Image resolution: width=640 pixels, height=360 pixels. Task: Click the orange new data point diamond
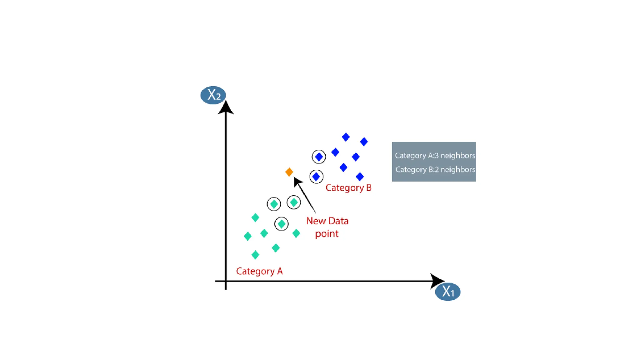coord(289,172)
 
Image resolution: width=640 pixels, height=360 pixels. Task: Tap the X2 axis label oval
coord(213,95)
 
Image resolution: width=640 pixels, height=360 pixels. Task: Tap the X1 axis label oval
coord(447,292)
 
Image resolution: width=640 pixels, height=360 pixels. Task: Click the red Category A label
coord(259,271)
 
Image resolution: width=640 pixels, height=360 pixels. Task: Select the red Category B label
coord(348,188)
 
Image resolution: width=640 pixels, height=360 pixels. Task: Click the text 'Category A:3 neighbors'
coord(435,156)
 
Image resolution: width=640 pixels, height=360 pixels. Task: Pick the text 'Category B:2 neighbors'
coord(435,169)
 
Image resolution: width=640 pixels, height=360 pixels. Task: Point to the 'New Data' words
coord(327,221)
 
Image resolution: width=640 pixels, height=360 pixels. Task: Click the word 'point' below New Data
coord(327,234)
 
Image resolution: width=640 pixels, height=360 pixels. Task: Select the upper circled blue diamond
coord(319,157)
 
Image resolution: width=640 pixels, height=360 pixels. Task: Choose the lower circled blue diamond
coord(316,177)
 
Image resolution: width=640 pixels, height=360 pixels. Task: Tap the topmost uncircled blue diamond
coord(346,137)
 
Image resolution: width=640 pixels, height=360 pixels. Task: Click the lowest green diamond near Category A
coord(255,255)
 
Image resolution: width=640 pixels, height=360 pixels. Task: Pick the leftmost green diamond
coord(247,236)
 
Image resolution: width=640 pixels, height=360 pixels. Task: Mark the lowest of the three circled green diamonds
coord(281,224)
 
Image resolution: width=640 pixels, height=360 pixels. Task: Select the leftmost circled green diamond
coord(274,204)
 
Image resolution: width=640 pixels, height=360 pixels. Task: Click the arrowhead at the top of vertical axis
coord(226,108)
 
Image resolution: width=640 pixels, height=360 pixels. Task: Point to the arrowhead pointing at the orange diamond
coord(297,181)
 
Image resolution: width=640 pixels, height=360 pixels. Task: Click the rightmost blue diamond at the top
coord(364,142)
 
